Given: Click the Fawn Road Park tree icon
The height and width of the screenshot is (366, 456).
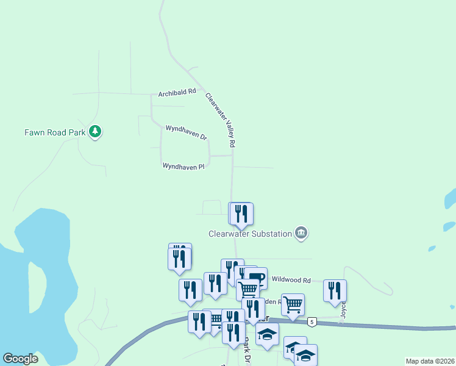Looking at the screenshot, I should (x=94, y=131).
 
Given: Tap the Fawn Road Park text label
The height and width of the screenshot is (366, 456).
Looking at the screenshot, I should (x=54, y=132).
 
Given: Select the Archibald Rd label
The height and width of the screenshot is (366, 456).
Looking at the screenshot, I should (x=177, y=93).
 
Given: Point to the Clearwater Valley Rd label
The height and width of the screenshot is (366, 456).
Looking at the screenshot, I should (x=220, y=120).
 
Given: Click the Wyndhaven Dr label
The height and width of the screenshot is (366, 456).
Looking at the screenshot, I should (x=187, y=132).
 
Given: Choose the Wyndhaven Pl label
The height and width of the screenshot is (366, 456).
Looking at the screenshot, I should (x=183, y=166).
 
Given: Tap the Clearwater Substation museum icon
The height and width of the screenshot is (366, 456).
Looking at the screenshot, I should (x=301, y=232).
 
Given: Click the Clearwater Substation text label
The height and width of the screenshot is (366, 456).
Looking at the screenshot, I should (x=250, y=234).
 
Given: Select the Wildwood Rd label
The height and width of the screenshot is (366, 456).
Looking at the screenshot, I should (x=291, y=280).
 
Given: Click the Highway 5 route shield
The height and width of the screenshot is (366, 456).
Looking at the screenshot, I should (x=312, y=321).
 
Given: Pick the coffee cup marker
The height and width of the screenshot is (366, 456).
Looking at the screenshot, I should (x=256, y=278).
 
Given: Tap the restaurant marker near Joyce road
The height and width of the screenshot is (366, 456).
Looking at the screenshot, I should (x=335, y=290).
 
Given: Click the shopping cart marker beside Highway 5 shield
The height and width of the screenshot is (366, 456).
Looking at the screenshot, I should (x=293, y=304).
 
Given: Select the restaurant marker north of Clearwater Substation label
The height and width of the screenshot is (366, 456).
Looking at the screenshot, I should (x=242, y=213).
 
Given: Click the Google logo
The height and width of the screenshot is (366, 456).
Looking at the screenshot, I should (x=20, y=359).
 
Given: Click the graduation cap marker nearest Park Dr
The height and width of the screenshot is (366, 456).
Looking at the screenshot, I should (x=267, y=334).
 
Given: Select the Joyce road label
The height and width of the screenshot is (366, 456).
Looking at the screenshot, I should (x=343, y=311).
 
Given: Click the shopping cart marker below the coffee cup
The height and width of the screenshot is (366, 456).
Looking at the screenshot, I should (x=248, y=290).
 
